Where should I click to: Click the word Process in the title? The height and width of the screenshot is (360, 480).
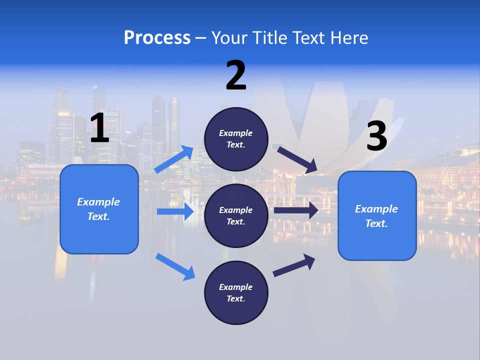(x=157, y=38)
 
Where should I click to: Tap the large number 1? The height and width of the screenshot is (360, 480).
(x=99, y=128)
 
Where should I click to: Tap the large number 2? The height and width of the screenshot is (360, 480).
(x=236, y=75)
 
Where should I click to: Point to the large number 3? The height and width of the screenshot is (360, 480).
(x=377, y=136)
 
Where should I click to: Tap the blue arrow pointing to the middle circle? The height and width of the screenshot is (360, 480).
(x=175, y=211)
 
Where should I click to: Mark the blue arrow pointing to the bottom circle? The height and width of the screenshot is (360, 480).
(x=175, y=266)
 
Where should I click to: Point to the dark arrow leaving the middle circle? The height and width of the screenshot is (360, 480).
(x=296, y=210)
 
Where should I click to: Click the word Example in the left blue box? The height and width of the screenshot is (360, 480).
(x=98, y=202)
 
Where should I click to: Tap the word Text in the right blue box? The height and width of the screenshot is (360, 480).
(x=376, y=223)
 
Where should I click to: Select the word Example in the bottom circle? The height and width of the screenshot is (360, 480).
(x=236, y=287)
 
